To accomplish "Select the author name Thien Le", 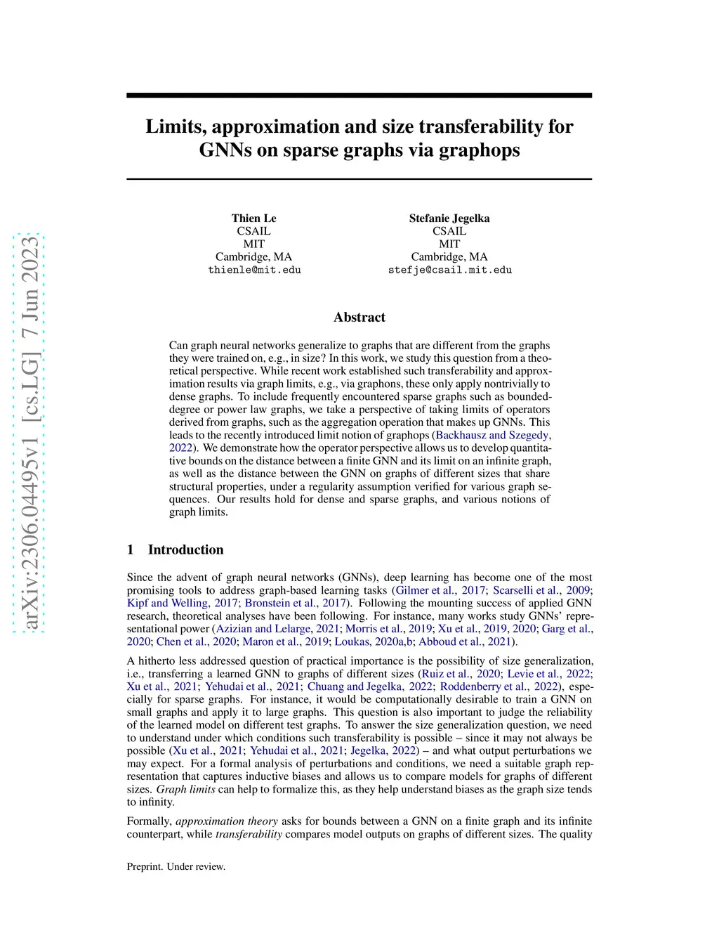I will coord(254,219).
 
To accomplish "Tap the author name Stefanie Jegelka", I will coord(449,219).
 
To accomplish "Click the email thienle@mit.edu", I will coord(254,270).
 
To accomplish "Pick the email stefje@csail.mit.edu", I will coord(449,270).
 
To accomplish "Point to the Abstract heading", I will coord(359,318).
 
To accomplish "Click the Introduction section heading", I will coord(185,550).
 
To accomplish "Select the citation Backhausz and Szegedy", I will coord(492,435).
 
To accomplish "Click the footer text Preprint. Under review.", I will coord(176,867).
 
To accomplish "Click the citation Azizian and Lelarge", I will coord(263,629).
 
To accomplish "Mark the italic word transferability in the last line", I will coord(249,834).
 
